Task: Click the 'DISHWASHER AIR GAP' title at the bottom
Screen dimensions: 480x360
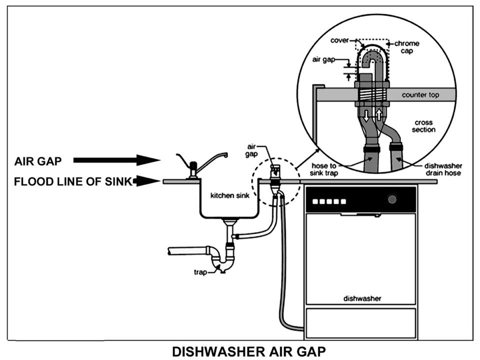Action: click(249, 351)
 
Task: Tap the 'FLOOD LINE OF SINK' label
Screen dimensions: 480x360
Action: click(73, 181)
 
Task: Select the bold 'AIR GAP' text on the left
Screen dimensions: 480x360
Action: click(38, 161)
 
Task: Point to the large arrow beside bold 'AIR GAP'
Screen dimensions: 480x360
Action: click(116, 160)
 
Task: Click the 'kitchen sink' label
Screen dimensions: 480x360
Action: click(230, 195)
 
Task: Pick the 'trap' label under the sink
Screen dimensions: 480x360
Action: click(200, 272)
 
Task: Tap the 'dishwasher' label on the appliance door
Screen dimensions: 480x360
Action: click(362, 298)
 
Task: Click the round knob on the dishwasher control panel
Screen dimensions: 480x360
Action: click(392, 199)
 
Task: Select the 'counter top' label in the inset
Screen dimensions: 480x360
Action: click(420, 95)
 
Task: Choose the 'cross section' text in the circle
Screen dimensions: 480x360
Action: click(423, 126)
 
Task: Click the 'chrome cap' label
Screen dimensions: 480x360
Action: click(407, 47)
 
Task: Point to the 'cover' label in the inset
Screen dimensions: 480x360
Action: click(339, 40)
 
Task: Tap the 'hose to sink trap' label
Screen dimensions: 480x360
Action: click(324, 169)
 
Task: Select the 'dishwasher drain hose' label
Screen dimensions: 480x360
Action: click(443, 169)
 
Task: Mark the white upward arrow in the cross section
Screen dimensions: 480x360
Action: click(379, 115)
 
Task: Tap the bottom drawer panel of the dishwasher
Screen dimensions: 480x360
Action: click(361, 323)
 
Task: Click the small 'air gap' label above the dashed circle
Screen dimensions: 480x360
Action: click(251, 150)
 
